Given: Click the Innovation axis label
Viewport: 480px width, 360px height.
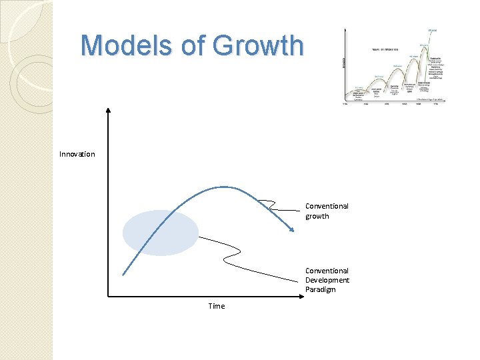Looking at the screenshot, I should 77,154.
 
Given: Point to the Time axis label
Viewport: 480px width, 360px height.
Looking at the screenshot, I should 217,306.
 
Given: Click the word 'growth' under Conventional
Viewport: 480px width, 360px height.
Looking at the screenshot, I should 317,216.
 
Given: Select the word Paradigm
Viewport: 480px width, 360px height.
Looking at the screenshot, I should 321,289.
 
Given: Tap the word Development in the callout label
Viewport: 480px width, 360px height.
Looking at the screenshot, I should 327,280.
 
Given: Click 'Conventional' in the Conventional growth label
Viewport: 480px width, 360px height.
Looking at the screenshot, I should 327,206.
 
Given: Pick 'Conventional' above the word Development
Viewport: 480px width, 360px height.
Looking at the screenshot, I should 327,271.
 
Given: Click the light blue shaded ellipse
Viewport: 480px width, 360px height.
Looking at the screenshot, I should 161,233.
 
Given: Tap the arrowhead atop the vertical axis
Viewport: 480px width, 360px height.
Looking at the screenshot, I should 108,108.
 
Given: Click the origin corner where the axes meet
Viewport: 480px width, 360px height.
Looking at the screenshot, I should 108,295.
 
